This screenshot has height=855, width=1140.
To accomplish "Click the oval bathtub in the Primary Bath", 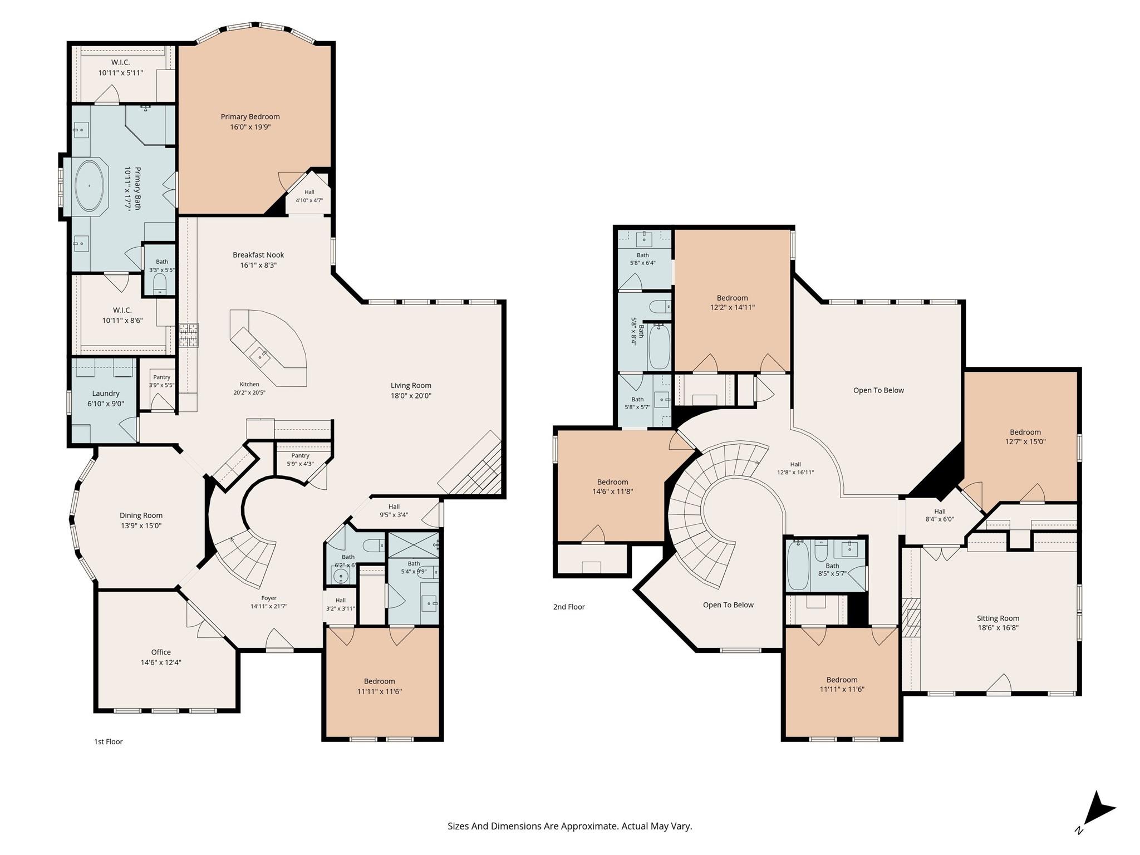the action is [x=89, y=186].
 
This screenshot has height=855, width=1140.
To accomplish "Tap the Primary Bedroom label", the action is [x=250, y=117].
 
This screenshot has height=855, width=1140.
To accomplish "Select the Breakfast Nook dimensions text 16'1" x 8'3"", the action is [x=258, y=266].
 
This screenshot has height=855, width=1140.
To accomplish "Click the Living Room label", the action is [x=411, y=385].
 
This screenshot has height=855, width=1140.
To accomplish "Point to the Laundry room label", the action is [x=106, y=394].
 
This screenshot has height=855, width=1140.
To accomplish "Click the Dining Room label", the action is [x=141, y=515].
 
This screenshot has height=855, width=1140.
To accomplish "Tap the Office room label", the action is [x=161, y=652].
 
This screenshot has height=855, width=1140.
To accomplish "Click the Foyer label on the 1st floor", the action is [x=269, y=598].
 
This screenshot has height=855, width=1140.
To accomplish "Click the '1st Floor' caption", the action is [x=108, y=741].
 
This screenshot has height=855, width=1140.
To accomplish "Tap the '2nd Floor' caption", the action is [x=569, y=607].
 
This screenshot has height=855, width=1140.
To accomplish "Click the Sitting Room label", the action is [x=998, y=618].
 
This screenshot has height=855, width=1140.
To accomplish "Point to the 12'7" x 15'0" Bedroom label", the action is [x=1025, y=433].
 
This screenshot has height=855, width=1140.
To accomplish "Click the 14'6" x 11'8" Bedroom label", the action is [x=612, y=482].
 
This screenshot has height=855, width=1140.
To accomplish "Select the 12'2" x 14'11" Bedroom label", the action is [x=732, y=298].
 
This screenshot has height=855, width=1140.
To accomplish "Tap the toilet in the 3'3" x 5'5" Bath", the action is [x=160, y=283].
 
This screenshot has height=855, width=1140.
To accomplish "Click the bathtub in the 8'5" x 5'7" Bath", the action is [x=798, y=565].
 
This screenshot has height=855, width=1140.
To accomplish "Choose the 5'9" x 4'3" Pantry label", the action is [x=300, y=455].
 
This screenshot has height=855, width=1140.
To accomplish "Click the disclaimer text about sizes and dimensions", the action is [x=569, y=826].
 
